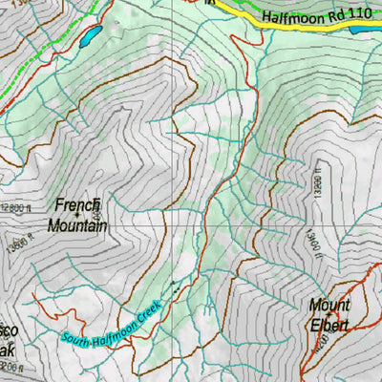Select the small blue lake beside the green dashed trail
tap(89, 37)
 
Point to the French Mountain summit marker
tap(77, 215)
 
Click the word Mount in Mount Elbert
tap(329, 306)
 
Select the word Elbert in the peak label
tap(329, 326)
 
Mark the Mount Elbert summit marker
tap(329, 315)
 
